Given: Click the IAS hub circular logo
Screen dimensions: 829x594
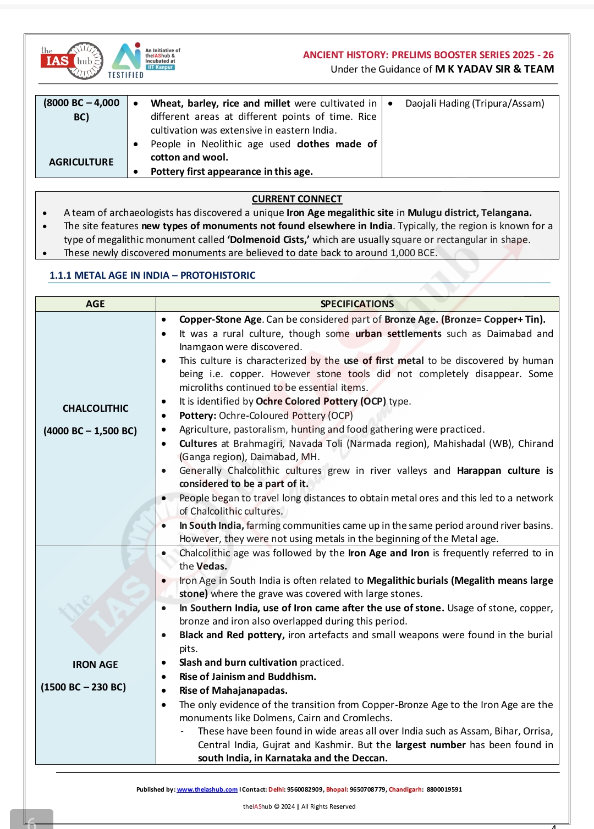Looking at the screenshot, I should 71,60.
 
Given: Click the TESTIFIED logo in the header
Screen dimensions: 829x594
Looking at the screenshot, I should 127,61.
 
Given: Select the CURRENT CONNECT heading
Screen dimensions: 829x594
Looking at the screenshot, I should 297,199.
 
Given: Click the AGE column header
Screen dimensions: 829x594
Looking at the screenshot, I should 95,304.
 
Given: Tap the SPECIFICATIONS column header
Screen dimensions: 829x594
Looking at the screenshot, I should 357,304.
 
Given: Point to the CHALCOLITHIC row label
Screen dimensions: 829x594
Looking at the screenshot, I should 96,408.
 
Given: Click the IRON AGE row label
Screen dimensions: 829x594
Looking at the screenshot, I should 95,665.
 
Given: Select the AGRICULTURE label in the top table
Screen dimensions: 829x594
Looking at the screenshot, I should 81,162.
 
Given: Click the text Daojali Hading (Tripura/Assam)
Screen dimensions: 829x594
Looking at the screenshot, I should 475,103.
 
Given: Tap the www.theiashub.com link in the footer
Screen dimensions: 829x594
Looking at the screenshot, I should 207,789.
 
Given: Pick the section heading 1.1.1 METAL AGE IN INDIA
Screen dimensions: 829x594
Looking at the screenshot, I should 152,275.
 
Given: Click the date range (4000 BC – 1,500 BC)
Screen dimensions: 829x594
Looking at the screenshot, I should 90,431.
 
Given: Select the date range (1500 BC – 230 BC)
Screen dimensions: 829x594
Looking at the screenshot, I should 84,687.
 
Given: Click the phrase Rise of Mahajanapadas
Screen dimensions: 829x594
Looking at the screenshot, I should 233,690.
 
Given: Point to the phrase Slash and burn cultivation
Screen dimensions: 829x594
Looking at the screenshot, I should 238,662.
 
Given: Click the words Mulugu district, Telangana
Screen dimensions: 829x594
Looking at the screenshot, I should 469,213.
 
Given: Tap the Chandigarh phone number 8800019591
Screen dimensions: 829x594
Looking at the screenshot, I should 444,789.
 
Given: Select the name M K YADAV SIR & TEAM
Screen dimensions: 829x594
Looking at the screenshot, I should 494,69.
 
